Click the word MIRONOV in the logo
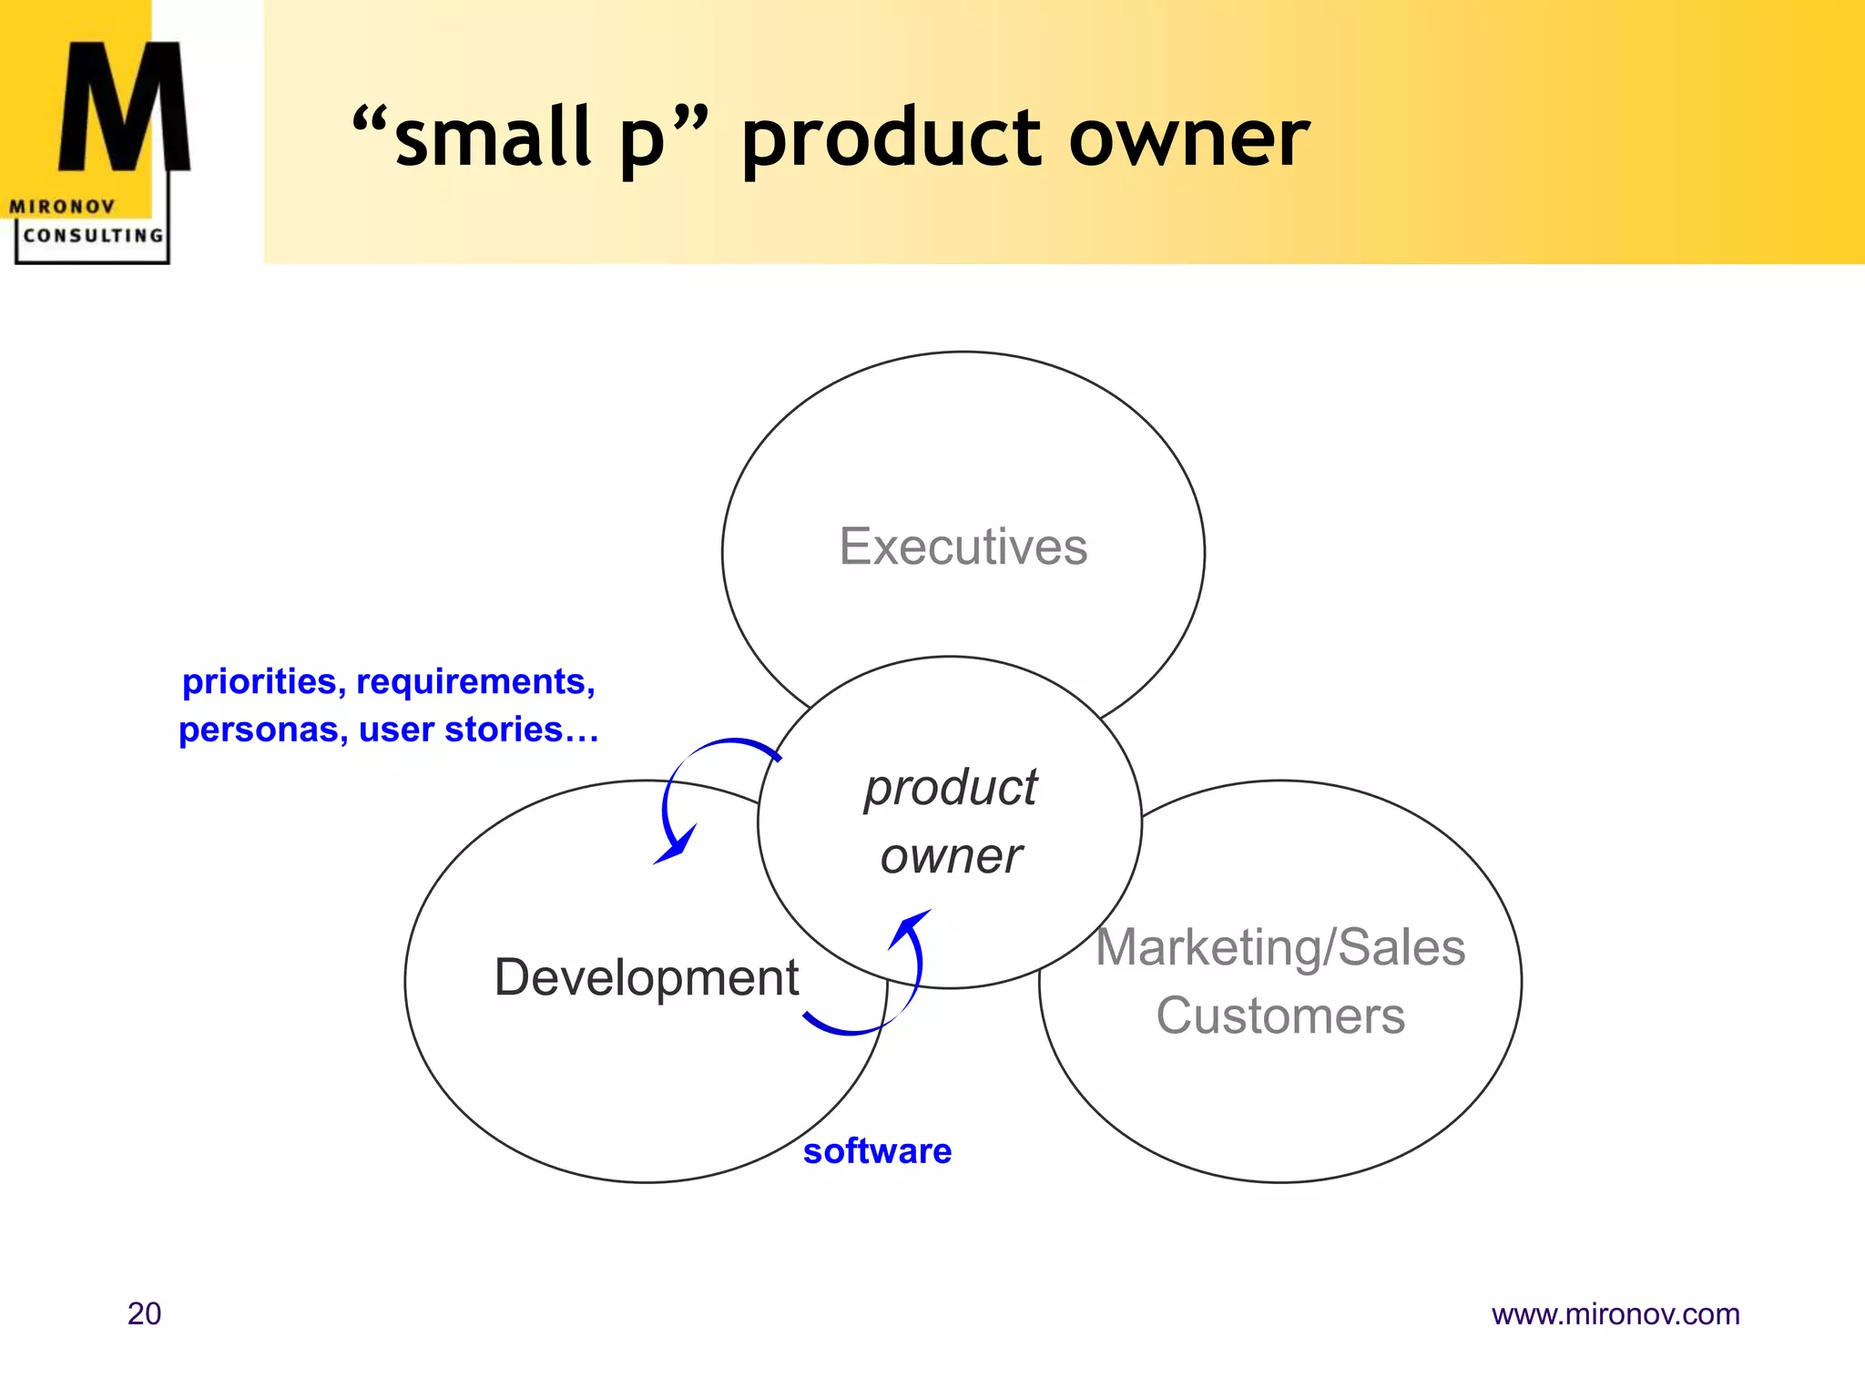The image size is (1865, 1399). point(62,207)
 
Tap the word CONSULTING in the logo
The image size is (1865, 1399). point(93,235)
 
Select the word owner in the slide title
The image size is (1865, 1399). point(1188,138)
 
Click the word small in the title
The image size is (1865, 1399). point(493,138)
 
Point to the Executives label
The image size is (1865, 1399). point(963,546)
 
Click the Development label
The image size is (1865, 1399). point(646,977)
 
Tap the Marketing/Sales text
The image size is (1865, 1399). point(1279,947)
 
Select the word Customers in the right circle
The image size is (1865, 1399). point(1279,1016)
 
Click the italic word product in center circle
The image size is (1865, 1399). point(950,787)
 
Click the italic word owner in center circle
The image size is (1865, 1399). point(950,856)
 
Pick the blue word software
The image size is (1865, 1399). point(877,1151)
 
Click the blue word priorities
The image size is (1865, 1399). point(260,681)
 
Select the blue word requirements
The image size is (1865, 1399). point(474,681)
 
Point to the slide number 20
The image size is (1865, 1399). point(144,1313)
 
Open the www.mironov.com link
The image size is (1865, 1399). point(1615,1314)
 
